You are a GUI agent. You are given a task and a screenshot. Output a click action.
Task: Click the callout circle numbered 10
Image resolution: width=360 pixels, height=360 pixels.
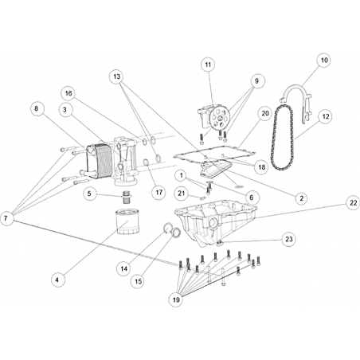click(324, 61)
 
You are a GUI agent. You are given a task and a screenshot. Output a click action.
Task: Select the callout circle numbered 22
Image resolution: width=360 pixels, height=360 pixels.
click(353, 203)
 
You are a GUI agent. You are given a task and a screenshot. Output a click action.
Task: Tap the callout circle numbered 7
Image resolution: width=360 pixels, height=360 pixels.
click(6, 218)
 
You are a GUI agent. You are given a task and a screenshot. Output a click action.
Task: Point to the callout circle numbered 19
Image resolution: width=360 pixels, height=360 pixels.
click(176, 299)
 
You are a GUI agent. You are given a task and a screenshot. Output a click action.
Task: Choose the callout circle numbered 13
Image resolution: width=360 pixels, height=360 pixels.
click(117, 76)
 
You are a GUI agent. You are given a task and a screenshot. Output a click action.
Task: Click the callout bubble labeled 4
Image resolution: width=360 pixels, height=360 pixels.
click(57, 280)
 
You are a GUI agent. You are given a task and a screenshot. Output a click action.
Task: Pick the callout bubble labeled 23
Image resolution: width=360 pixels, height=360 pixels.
click(288, 239)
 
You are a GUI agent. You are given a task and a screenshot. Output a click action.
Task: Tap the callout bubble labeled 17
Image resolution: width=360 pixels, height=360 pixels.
click(158, 192)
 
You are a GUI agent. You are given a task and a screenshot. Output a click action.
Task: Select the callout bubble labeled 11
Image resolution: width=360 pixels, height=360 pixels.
click(208, 65)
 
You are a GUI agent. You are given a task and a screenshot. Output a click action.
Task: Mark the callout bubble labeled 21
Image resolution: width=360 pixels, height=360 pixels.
click(182, 194)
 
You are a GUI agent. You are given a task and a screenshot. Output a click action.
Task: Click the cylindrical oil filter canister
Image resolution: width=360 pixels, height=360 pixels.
click(127, 221)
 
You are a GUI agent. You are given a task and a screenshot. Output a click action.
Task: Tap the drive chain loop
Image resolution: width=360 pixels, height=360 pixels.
click(283, 138)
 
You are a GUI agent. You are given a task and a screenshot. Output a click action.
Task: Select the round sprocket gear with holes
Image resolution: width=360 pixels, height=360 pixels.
click(219, 118)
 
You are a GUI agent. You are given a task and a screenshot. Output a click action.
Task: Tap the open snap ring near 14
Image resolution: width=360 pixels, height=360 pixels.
click(167, 229)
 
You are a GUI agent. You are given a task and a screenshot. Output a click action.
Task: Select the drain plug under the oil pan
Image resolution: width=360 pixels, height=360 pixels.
click(220, 243)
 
